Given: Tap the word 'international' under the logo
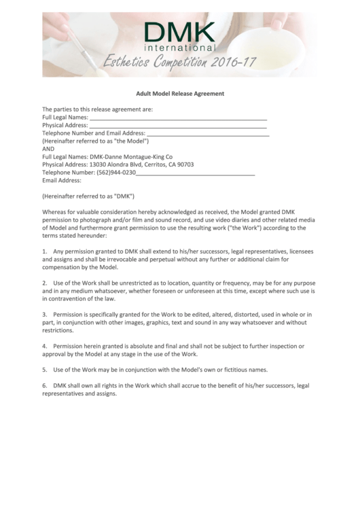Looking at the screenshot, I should click(181, 49).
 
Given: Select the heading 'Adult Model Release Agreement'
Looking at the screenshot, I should click(179, 93).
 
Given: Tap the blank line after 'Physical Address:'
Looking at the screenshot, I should click(178, 126).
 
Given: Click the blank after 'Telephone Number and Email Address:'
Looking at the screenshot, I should click(208, 134).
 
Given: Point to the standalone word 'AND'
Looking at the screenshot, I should click(48, 149).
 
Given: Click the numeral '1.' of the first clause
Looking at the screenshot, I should click(45, 252).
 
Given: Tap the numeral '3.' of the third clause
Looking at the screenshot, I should click(45, 315).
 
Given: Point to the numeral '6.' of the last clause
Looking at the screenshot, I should click(45, 385).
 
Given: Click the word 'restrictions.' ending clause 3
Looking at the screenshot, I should click(57, 331).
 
